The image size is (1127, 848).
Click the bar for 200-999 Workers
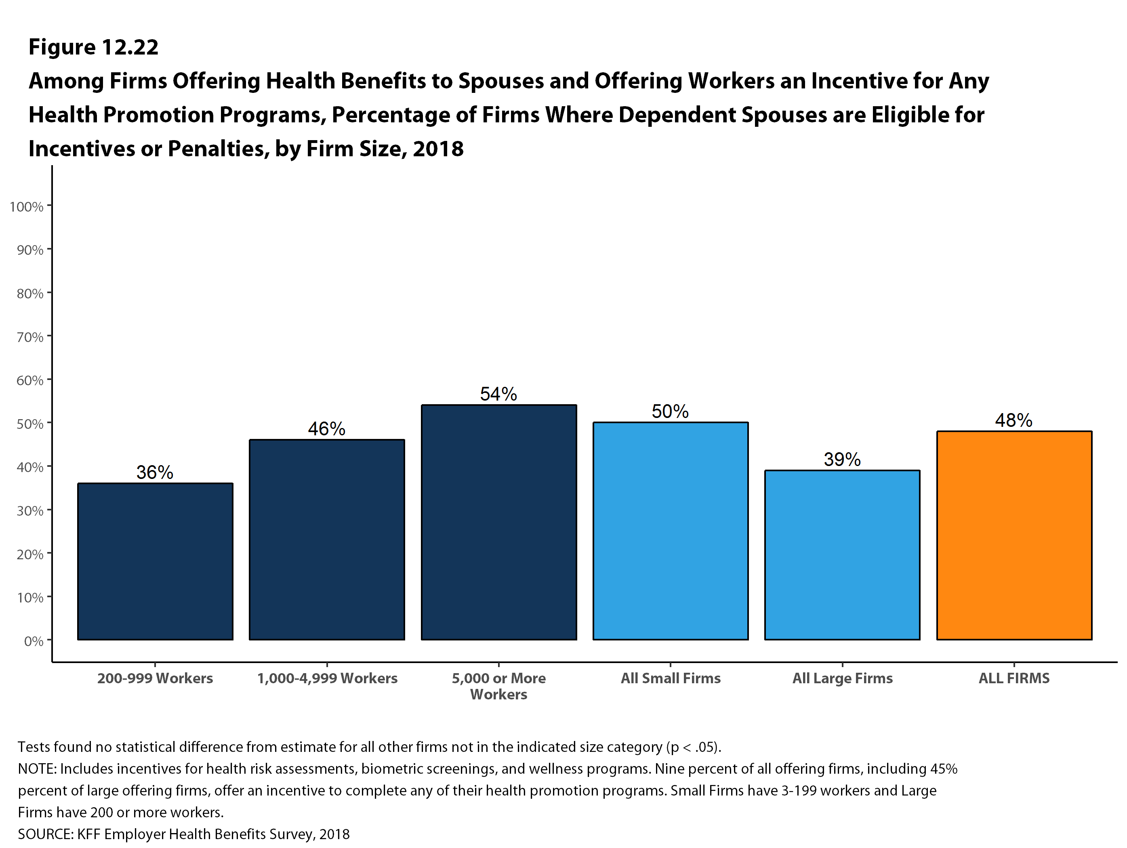click(155, 561)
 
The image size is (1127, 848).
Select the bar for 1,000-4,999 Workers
click(326, 539)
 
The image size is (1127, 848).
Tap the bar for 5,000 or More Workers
click(499, 522)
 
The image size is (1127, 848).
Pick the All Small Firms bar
click(671, 531)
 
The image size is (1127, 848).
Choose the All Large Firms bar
click(842, 555)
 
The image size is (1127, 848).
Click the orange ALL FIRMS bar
click(1014, 535)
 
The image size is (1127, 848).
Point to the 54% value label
click(498, 394)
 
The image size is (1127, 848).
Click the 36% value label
click(155, 472)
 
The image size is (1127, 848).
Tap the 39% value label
click(842, 460)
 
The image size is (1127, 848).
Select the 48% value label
click(1014, 420)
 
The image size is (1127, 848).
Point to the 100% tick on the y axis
click(27, 207)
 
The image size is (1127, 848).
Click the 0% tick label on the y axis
click(34, 641)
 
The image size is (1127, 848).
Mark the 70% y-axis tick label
click(30, 337)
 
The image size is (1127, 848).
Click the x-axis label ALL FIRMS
click(1014, 678)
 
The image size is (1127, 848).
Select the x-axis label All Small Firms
click(671, 678)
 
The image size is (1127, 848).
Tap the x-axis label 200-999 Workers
click(155, 678)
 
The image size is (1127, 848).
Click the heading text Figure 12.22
click(93, 47)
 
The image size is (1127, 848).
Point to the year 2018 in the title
click(438, 149)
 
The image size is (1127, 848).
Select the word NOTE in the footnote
click(36, 769)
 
